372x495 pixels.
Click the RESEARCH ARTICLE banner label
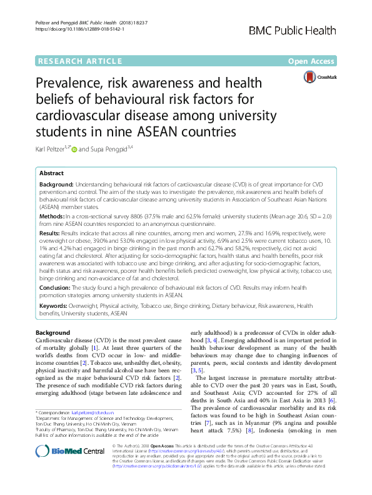pos(79,61)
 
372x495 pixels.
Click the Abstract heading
pos(51,173)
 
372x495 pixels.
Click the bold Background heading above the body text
pos(53,332)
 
